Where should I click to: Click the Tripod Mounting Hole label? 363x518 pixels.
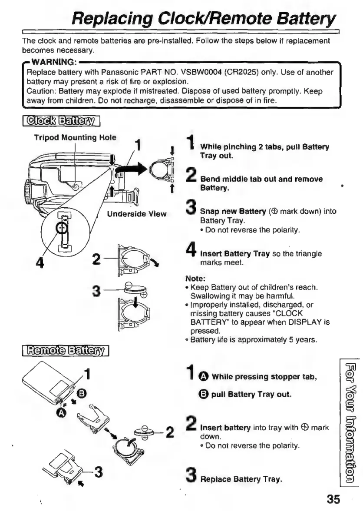point(76,138)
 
